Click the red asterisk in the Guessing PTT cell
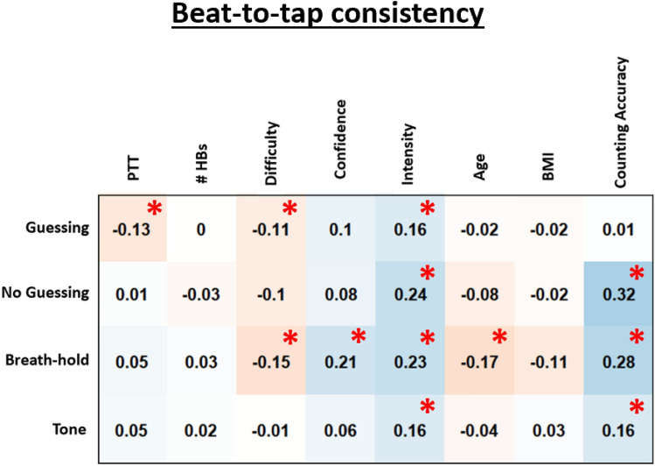(x=154, y=208)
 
